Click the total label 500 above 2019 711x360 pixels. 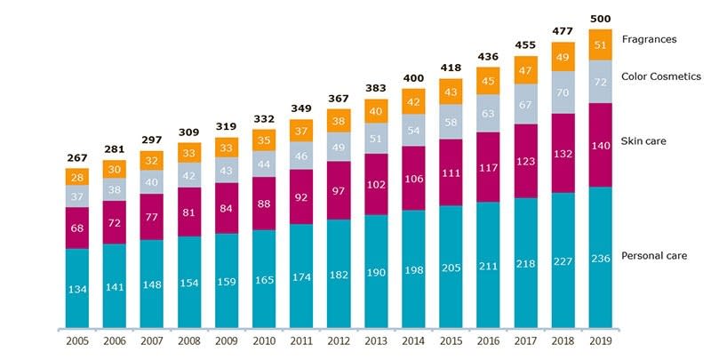600,19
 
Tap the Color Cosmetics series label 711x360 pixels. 661,77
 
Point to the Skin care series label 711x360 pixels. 643,141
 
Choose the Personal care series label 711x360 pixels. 653,256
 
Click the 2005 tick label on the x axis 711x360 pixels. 77,340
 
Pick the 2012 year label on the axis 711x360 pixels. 339,340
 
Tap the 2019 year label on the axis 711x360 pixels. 600,340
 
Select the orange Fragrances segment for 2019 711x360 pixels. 600,44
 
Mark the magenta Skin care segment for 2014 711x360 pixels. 413,178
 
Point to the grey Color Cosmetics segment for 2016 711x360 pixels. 488,114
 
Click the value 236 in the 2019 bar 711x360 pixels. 600,258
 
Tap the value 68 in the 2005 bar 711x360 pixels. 77,228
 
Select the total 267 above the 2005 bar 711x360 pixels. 77,159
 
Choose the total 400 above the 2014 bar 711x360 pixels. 413,79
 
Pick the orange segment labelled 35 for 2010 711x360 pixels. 264,140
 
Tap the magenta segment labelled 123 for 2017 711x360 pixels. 525,161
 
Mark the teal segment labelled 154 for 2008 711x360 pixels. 189,283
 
